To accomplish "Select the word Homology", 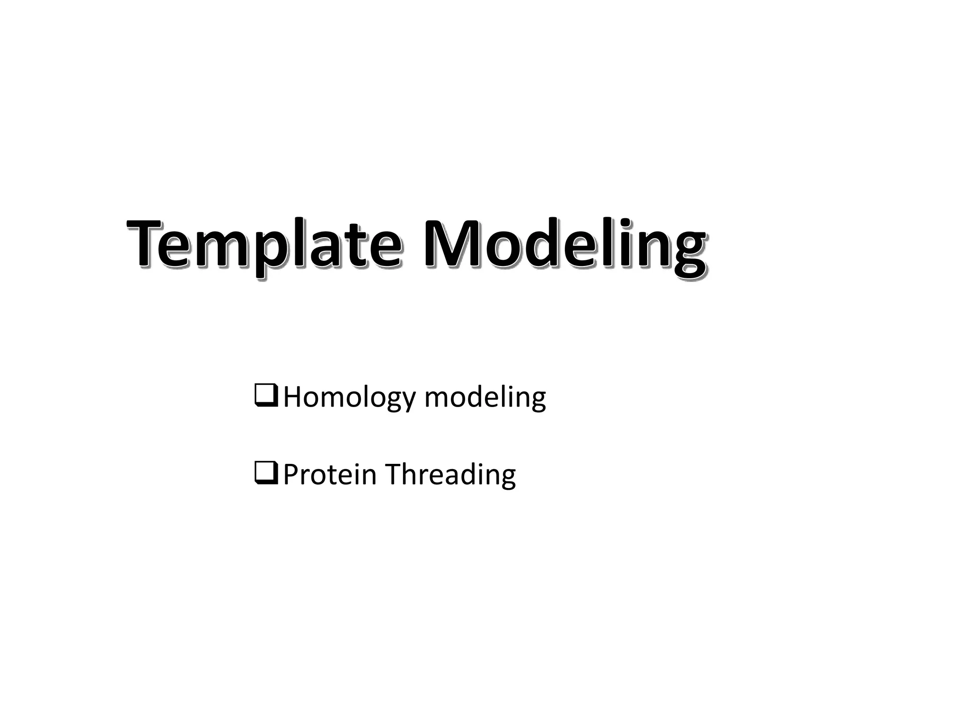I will click(x=349, y=397).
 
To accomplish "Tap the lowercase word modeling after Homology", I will click(x=485, y=397).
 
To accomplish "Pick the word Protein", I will click(x=330, y=474).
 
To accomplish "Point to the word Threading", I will click(x=450, y=474).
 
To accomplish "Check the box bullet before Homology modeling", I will click(x=266, y=396).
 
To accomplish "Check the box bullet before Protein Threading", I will click(x=266, y=473).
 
